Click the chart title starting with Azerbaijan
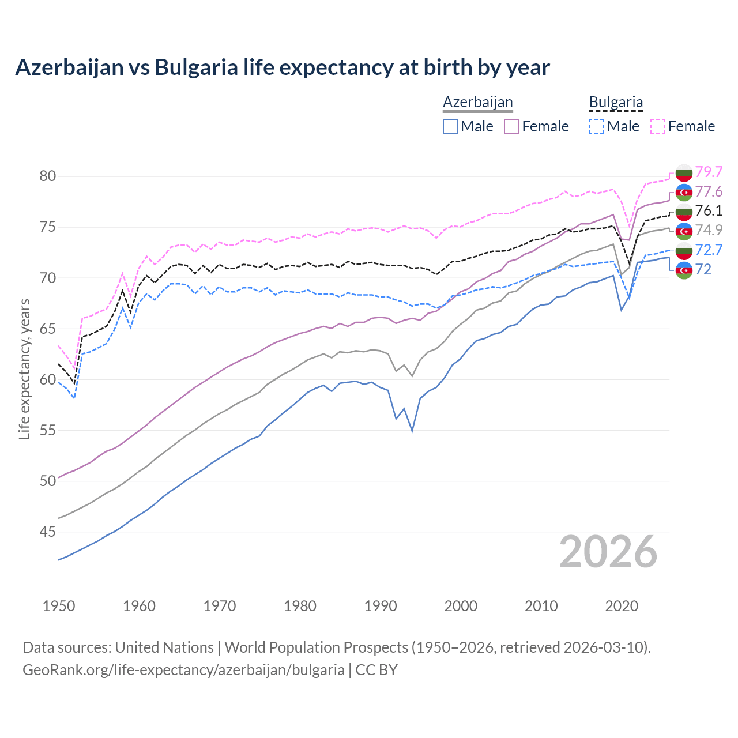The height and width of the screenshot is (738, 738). pos(283,67)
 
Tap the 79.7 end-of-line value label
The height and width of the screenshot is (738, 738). pos(709,172)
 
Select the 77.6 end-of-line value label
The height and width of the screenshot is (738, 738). pos(709,191)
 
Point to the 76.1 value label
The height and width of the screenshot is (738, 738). pos(709,210)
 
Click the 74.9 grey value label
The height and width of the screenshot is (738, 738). pos(709,230)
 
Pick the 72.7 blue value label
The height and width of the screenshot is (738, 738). pos(709,250)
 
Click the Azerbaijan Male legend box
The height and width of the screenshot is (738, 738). pos(450,126)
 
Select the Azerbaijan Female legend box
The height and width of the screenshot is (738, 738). pos(511,126)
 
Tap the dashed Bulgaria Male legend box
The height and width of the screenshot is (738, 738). pos(596,126)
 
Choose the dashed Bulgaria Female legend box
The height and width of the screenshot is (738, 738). pos(658,126)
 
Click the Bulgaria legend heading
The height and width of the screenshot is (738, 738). pos(616,102)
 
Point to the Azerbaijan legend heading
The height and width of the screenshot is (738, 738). pos(477,102)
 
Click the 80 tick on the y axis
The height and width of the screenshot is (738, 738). pos(48,176)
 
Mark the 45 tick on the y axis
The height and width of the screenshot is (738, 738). pos(48,532)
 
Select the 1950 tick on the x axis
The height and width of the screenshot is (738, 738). pos(59,606)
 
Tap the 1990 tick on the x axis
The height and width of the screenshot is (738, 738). pos(381,606)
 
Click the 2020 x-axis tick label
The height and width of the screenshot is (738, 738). pos(622,606)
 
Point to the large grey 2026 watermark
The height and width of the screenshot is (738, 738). pos(608,552)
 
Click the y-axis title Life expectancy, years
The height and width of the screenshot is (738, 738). pos(25,369)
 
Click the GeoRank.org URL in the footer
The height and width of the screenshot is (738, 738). pos(183,670)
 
